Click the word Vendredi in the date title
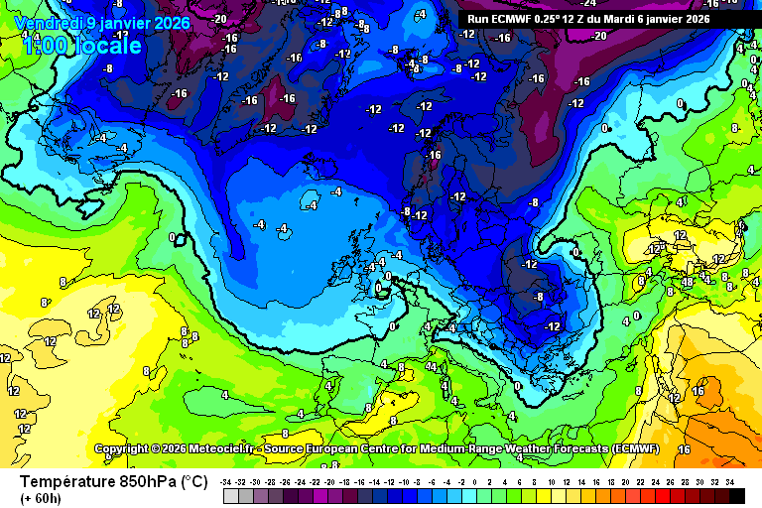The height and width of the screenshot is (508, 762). [x=47, y=23]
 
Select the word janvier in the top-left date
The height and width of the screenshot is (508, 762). [x=125, y=23]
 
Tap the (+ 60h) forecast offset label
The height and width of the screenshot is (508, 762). [x=41, y=498]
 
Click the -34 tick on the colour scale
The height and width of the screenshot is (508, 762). [x=227, y=481]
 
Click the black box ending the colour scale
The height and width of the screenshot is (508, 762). [x=736, y=495]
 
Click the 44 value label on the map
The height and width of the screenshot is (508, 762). [x=432, y=367]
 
